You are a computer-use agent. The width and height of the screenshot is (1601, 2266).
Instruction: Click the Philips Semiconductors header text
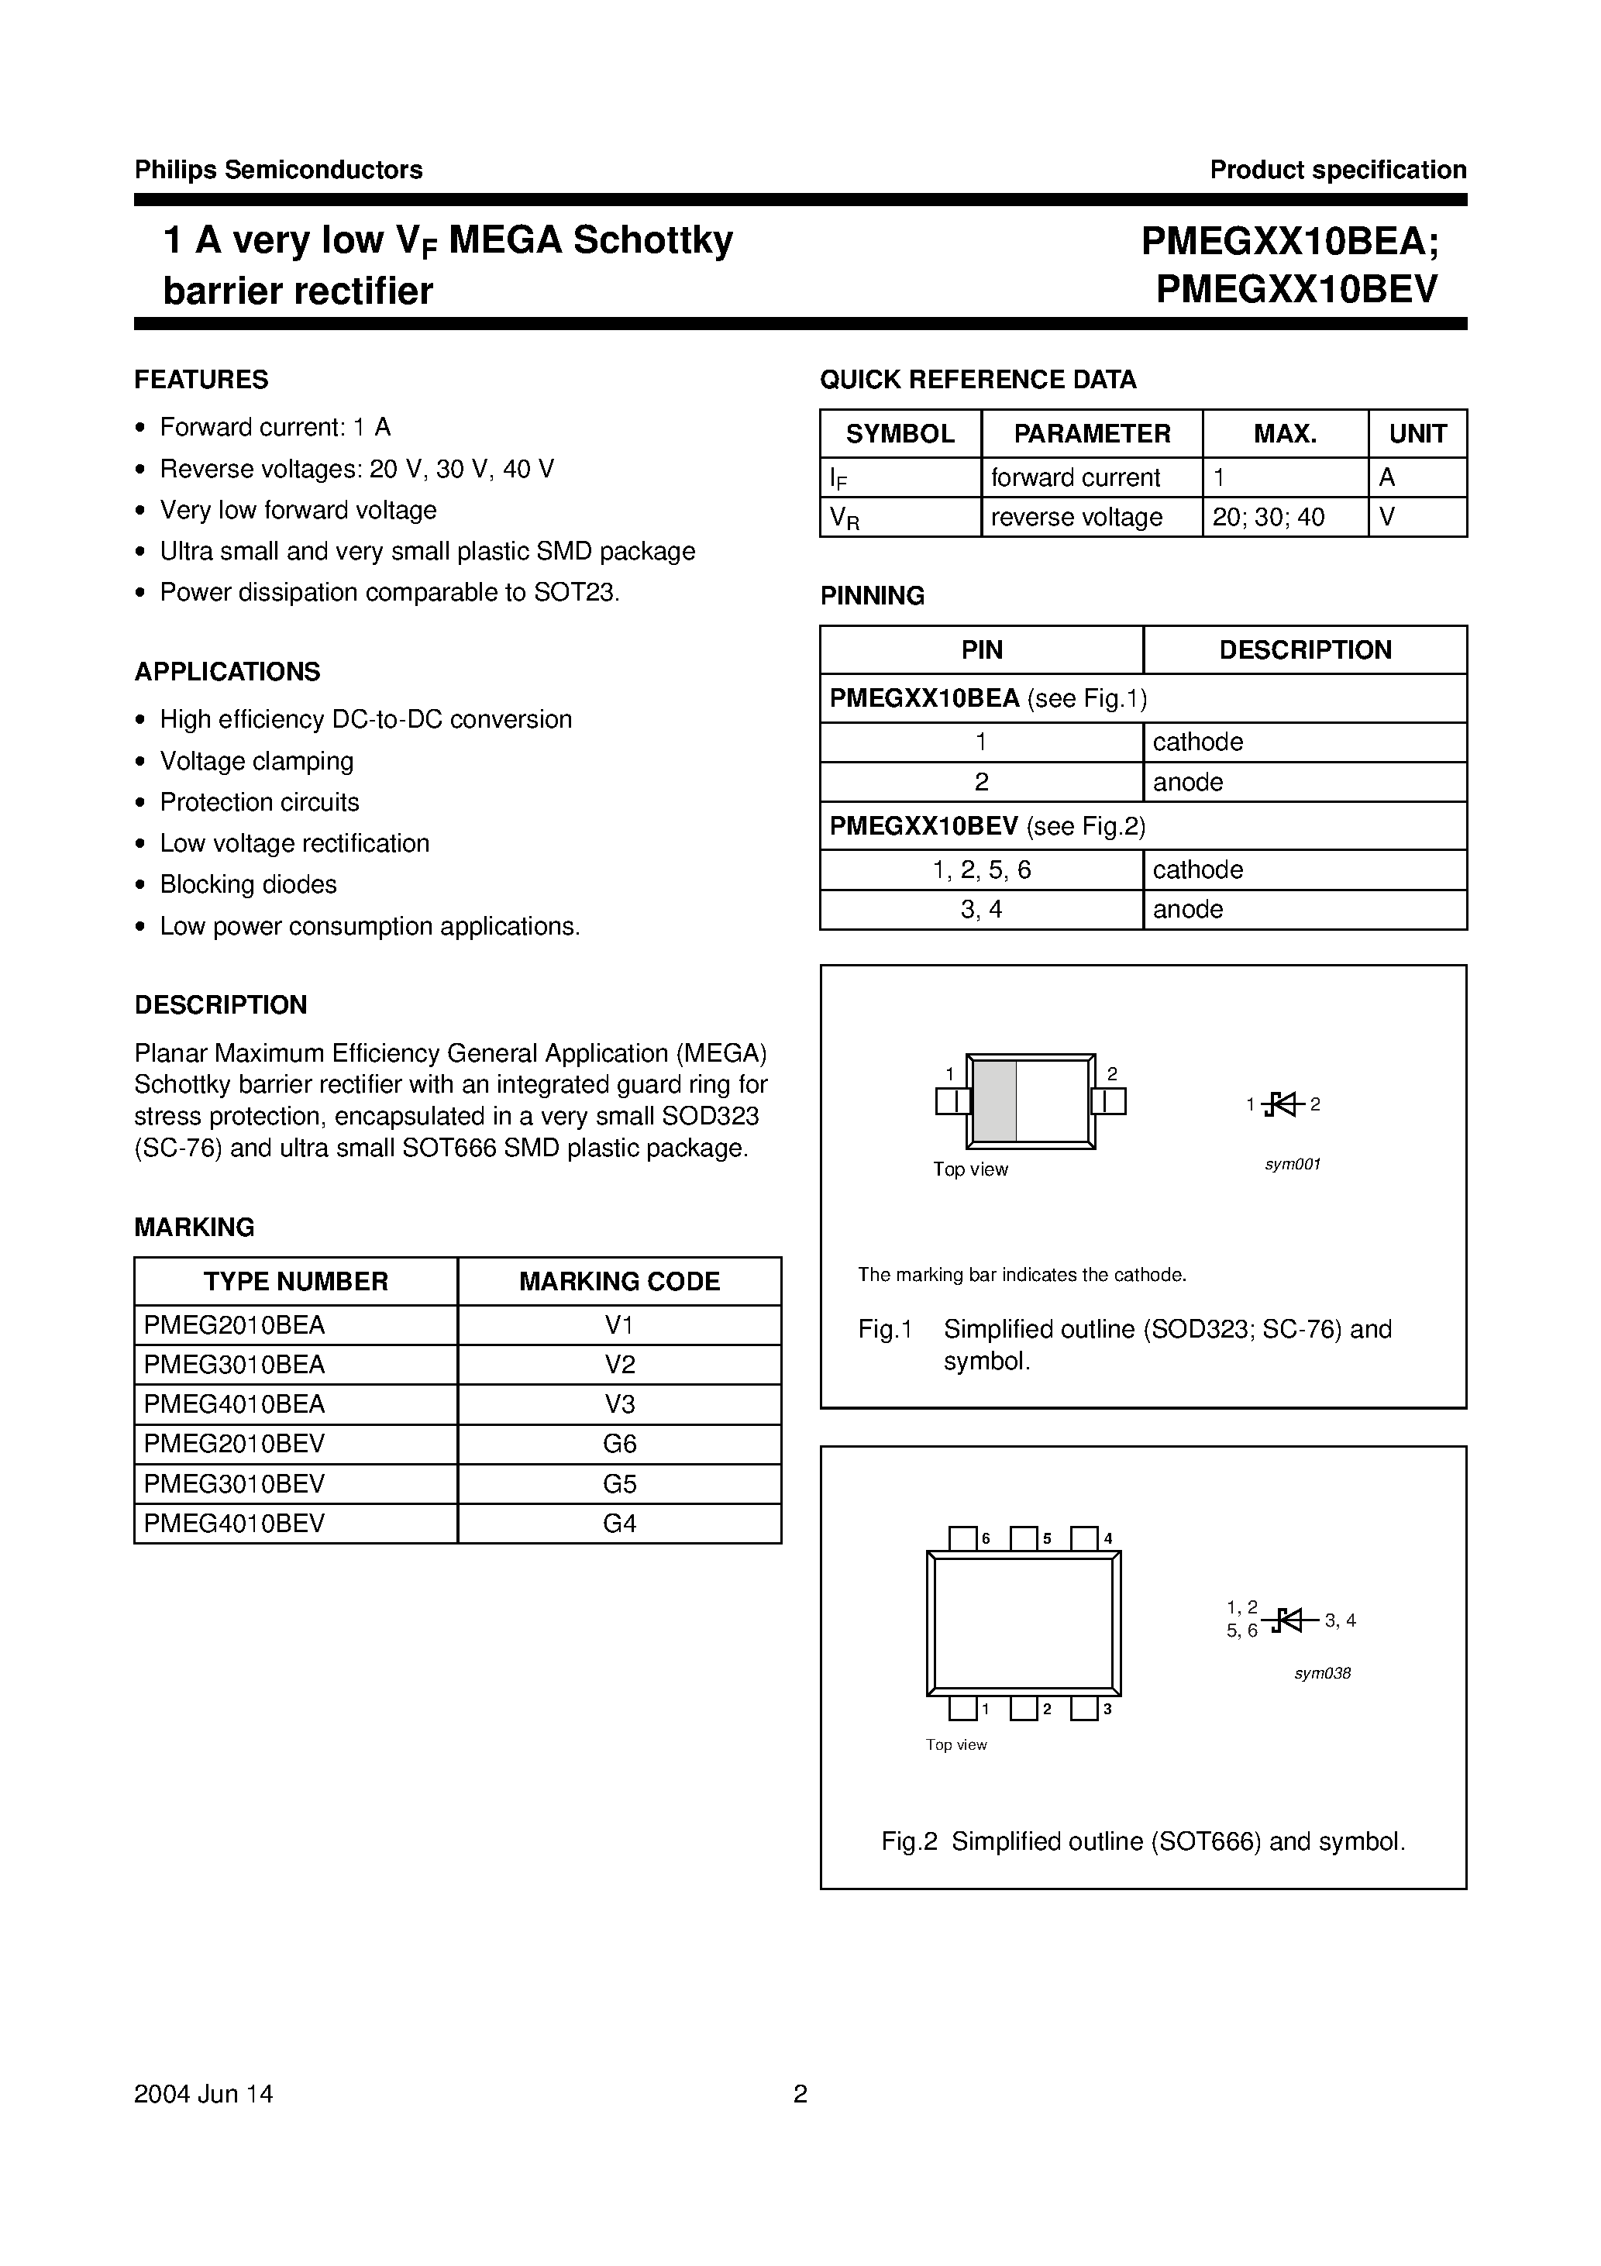pos(278,170)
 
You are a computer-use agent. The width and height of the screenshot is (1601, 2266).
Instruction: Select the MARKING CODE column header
pos(619,1281)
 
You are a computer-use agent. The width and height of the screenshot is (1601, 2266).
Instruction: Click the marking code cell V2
pos(619,1364)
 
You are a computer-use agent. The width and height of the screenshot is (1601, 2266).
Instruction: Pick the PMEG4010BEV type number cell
pos(234,1523)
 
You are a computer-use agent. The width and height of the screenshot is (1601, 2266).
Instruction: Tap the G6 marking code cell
pos(619,1444)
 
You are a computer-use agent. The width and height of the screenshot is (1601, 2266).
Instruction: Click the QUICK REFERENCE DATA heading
pos(977,380)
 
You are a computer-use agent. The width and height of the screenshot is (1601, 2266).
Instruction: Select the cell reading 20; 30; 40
pos(1269,517)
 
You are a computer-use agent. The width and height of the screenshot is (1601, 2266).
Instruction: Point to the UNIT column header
pos(1417,434)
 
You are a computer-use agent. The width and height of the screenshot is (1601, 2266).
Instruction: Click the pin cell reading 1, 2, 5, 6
pos(981,870)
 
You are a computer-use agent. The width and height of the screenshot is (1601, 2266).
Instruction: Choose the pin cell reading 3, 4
pos(981,909)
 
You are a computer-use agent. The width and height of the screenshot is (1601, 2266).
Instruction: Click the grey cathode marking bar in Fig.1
pos(995,1100)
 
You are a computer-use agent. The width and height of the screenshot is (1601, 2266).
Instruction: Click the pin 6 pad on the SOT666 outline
pos(962,1538)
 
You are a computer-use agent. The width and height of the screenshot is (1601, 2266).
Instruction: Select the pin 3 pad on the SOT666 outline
pos(1084,1708)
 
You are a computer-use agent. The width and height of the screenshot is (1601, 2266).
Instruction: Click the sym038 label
pos(1322,1673)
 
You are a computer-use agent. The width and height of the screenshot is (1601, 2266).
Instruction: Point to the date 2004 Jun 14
pos(203,2094)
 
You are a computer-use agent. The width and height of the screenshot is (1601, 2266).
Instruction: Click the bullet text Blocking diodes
pos(248,884)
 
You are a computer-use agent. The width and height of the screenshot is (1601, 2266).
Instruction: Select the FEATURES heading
pos(201,380)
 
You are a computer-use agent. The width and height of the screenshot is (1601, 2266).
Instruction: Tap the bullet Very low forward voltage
pos(298,510)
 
